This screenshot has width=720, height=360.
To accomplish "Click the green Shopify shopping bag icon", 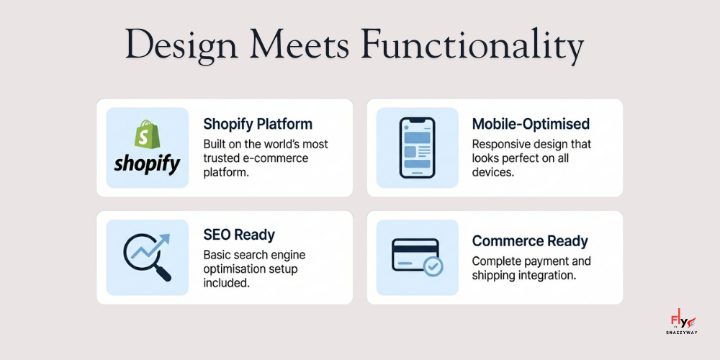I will [147, 135].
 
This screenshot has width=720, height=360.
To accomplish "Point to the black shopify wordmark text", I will [147, 163].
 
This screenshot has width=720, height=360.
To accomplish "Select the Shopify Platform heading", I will [258, 124].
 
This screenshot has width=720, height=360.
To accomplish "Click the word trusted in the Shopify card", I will [224, 158].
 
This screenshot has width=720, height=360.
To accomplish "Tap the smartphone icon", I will [418, 148].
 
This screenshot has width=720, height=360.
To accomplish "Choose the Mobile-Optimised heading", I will [531, 124].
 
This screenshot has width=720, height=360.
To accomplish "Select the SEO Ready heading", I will [239, 235].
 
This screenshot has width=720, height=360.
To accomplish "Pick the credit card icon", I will [415, 256].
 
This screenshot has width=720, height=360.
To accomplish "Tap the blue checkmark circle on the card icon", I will [433, 267].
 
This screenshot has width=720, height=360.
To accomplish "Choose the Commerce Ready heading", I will [530, 241].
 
